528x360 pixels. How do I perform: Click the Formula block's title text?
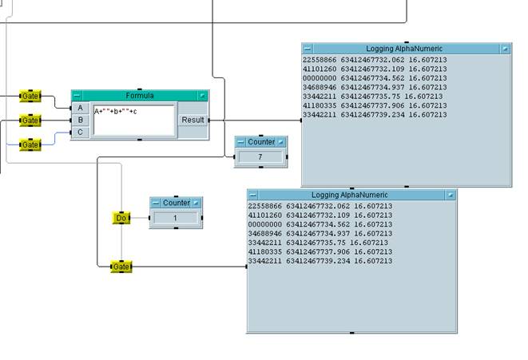click(x=140, y=96)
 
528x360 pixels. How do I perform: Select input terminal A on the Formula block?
click(x=80, y=108)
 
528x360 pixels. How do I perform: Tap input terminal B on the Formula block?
click(x=80, y=120)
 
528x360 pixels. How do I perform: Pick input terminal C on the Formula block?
click(x=80, y=132)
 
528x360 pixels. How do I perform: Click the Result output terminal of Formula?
click(x=193, y=120)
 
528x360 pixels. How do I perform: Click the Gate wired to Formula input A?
click(x=30, y=96)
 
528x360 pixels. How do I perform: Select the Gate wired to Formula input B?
click(x=30, y=121)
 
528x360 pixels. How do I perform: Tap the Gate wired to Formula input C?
click(x=30, y=144)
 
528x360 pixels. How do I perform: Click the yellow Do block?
click(x=121, y=217)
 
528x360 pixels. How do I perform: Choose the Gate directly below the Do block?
click(x=121, y=266)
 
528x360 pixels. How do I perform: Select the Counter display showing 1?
click(x=176, y=217)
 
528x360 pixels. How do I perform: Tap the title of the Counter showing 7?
click(x=261, y=142)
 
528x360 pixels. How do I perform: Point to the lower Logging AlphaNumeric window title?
click(x=351, y=195)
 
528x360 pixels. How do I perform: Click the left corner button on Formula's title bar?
click(x=77, y=96)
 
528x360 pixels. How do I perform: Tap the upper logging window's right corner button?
click(x=504, y=49)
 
